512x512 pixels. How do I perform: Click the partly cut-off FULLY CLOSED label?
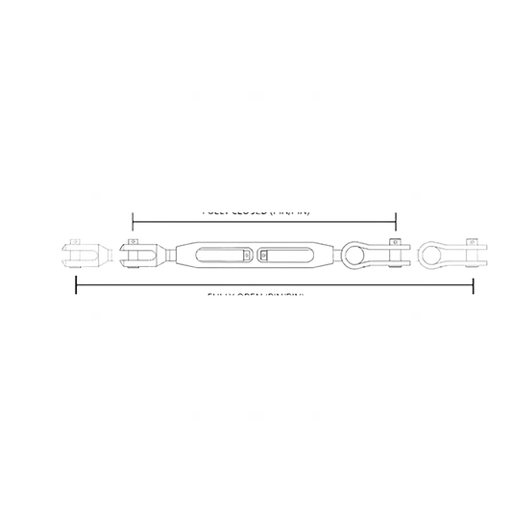(x=256, y=210)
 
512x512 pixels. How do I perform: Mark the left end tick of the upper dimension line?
(x=133, y=217)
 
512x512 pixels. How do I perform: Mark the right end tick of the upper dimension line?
(x=396, y=217)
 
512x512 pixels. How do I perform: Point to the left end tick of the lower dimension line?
(x=76, y=285)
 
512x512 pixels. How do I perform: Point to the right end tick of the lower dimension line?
(x=473, y=285)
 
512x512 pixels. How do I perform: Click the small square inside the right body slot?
(x=264, y=256)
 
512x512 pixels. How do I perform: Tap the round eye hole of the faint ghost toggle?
(x=435, y=256)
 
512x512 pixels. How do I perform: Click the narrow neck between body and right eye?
(x=333, y=256)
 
